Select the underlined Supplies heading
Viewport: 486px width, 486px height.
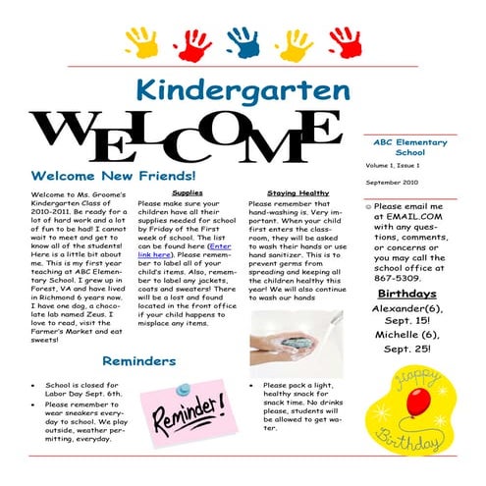188,193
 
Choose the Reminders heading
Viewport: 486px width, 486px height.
140,361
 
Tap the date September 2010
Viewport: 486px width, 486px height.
397,184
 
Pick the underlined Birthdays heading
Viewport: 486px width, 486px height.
407,294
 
